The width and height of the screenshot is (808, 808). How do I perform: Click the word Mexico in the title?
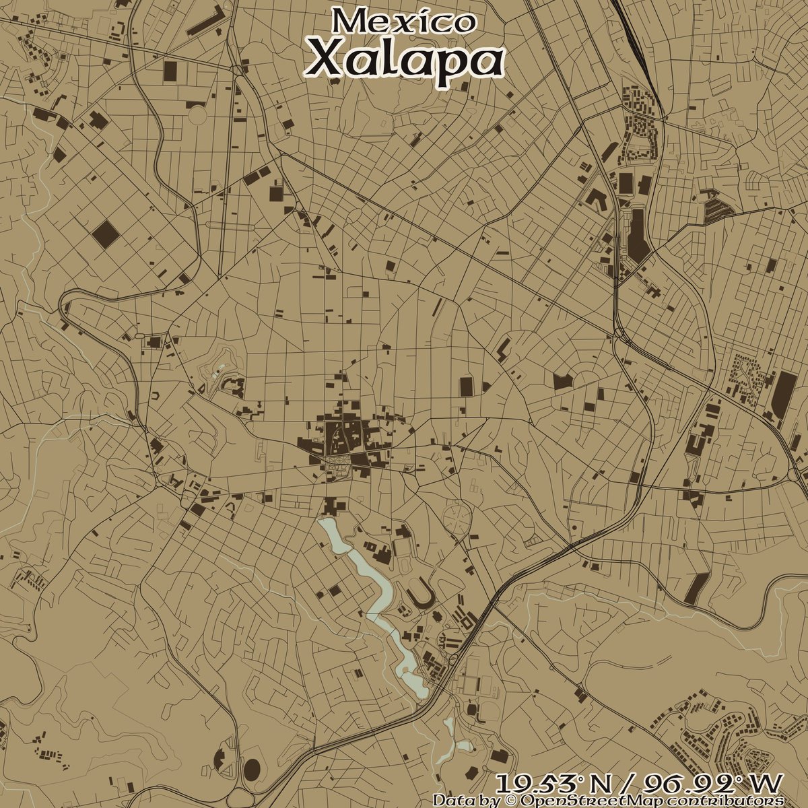[x=403, y=20]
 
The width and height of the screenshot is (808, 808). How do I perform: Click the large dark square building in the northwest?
[x=104, y=234]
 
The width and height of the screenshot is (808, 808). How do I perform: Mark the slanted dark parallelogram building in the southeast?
[x=696, y=588]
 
